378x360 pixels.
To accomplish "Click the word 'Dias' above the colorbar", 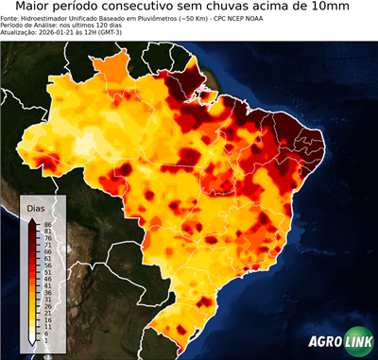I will pos(36,208).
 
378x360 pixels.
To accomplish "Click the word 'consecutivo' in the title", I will pos(169,8).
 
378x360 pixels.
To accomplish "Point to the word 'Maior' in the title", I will pos(37,8).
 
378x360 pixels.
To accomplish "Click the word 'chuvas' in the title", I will pos(252,8).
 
